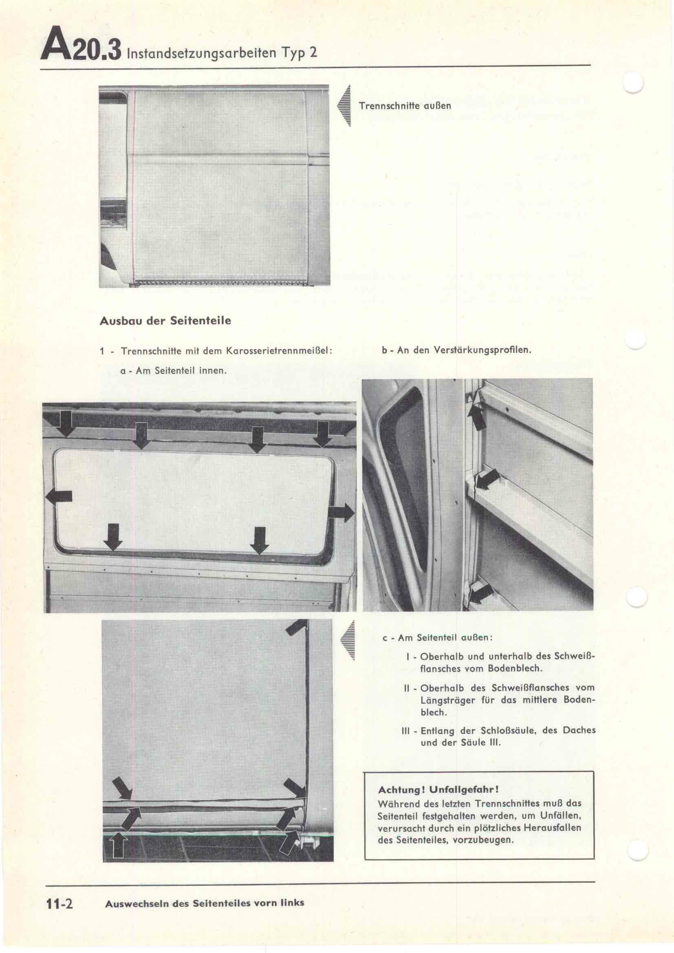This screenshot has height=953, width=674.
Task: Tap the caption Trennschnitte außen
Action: coord(405,106)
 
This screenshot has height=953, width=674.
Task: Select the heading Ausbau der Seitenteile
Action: coord(165,321)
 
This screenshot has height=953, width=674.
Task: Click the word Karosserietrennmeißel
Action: coord(279,351)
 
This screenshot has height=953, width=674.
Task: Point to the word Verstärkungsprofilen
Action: coord(482,350)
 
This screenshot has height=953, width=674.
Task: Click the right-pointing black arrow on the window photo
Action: coord(341,513)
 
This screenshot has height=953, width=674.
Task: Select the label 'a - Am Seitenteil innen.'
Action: coord(174,370)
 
